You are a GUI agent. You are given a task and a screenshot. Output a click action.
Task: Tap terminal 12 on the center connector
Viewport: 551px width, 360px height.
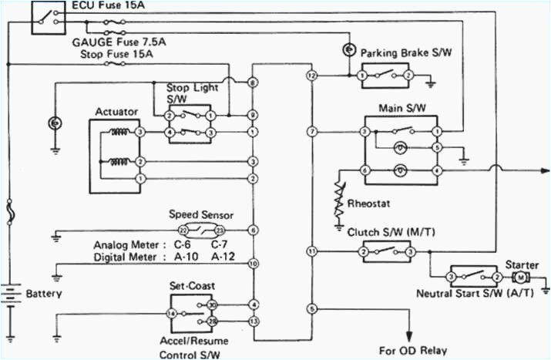tap(311, 76)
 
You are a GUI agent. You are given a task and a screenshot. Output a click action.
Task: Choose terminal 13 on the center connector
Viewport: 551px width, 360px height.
tap(253, 321)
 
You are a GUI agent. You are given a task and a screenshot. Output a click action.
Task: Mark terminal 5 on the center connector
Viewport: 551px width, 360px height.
tap(311, 309)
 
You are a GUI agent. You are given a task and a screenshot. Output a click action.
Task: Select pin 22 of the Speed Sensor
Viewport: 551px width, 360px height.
tap(183, 230)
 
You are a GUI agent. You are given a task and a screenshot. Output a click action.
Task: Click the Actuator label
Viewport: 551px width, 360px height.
tap(116, 112)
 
